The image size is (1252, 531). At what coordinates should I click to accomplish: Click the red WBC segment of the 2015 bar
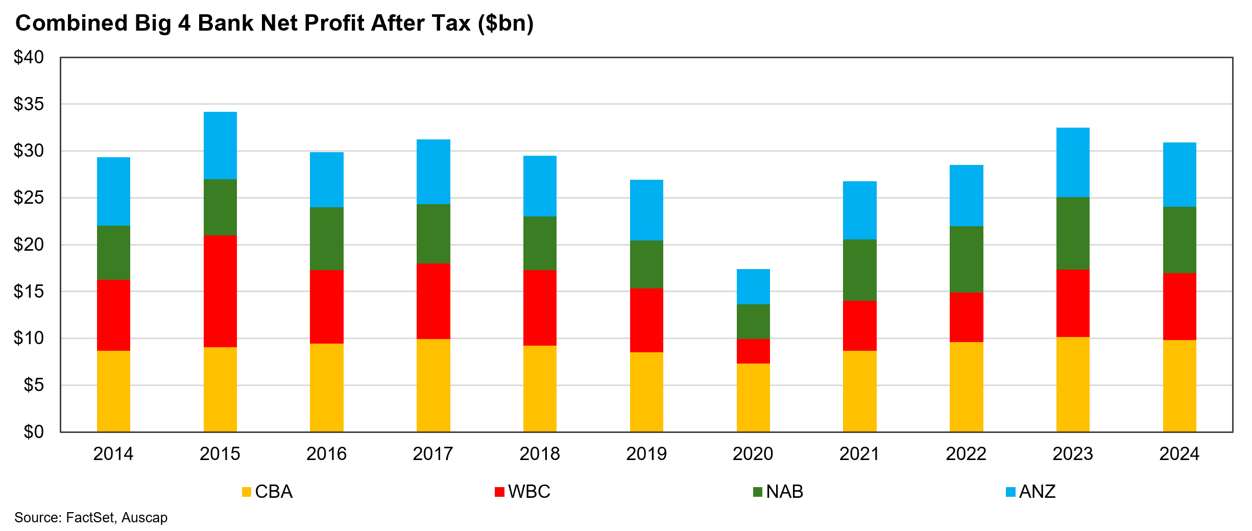pyautogui.click(x=220, y=291)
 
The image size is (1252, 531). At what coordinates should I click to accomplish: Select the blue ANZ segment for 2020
pyautogui.click(x=753, y=286)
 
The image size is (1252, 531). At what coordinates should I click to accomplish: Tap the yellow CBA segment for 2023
pyautogui.click(x=1073, y=384)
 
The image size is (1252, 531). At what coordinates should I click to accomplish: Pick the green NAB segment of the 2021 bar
pyautogui.click(x=860, y=270)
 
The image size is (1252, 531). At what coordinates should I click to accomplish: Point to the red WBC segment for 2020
pyautogui.click(x=753, y=351)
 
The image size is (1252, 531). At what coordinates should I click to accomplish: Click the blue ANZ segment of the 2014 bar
pyautogui.click(x=113, y=191)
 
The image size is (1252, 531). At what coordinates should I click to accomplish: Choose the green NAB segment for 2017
pyautogui.click(x=434, y=234)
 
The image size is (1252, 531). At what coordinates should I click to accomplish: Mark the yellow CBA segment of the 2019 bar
pyautogui.click(x=646, y=392)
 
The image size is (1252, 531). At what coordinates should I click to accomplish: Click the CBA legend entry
pyautogui.click(x=268, y=492)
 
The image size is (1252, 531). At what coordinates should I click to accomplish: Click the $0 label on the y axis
pyautogui.click(x=34, y=432)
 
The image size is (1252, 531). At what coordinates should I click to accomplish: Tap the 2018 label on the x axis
pyautogui.click(x=540, y=453)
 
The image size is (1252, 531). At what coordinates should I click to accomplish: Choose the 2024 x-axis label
pyautogui.click(x=1179, y=453)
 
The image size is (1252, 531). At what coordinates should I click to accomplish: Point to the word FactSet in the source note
pyautogui.click(x=90, y=518)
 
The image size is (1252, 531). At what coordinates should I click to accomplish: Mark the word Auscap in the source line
pyautogui.click(x=145, y=518)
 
